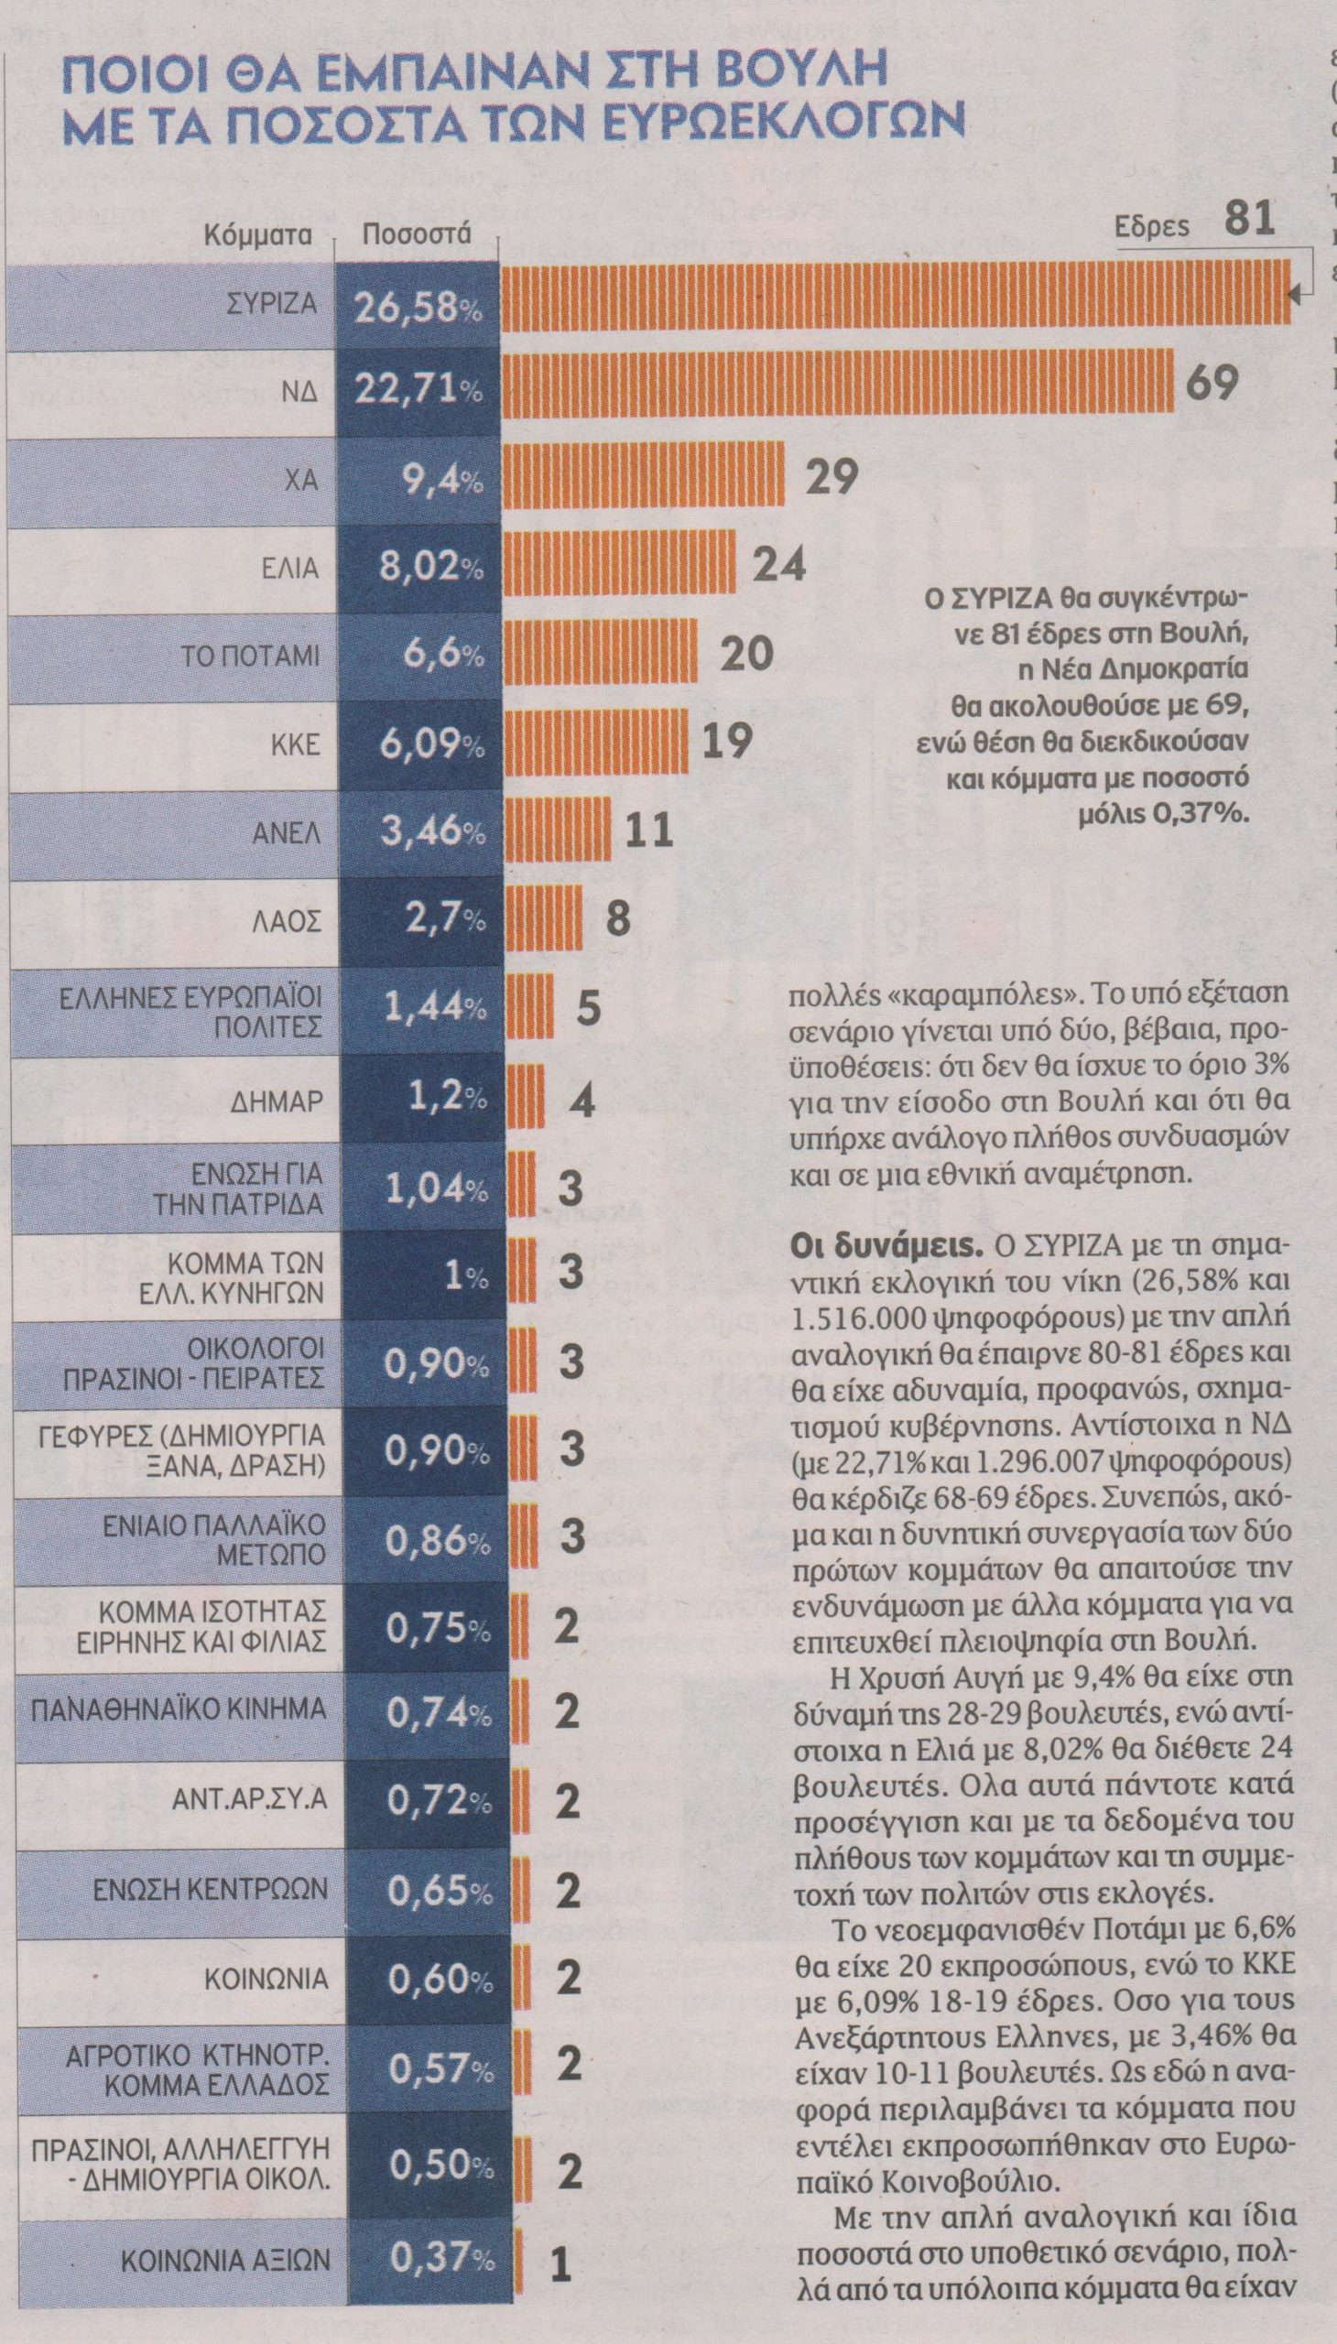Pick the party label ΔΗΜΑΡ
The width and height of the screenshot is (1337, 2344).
(281, 1099)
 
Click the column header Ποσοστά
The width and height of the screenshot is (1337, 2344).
(417, 233)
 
